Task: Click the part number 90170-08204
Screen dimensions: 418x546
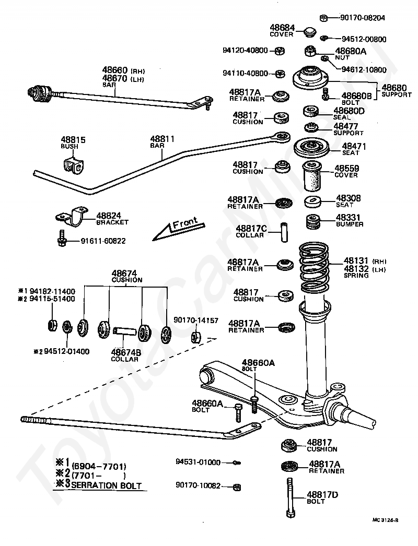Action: click(x=363, y=17)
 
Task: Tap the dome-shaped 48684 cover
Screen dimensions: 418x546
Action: click(x=309, y=32)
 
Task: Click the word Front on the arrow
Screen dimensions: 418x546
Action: click(x=185, y=223)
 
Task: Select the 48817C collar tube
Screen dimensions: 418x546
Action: click(x=284, y=232)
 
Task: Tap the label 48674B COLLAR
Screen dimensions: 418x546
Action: click(x=126, y=355)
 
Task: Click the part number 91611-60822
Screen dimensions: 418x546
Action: click(x=103, y=241)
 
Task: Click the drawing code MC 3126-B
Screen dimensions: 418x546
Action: click(x=385, y=520)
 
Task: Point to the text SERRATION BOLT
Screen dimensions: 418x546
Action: click(x=107, y=485)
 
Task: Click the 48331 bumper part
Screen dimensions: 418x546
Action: click(x=312, y=221)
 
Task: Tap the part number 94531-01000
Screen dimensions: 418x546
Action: click(x=198, y=462)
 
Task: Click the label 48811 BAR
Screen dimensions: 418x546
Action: click(x=162, y=141)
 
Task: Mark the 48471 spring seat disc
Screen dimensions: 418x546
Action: click(x=311, y=149)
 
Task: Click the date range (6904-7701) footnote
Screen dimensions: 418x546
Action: click(x=99, y=467)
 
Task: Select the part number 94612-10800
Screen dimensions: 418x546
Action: click(x=364, y=69)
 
